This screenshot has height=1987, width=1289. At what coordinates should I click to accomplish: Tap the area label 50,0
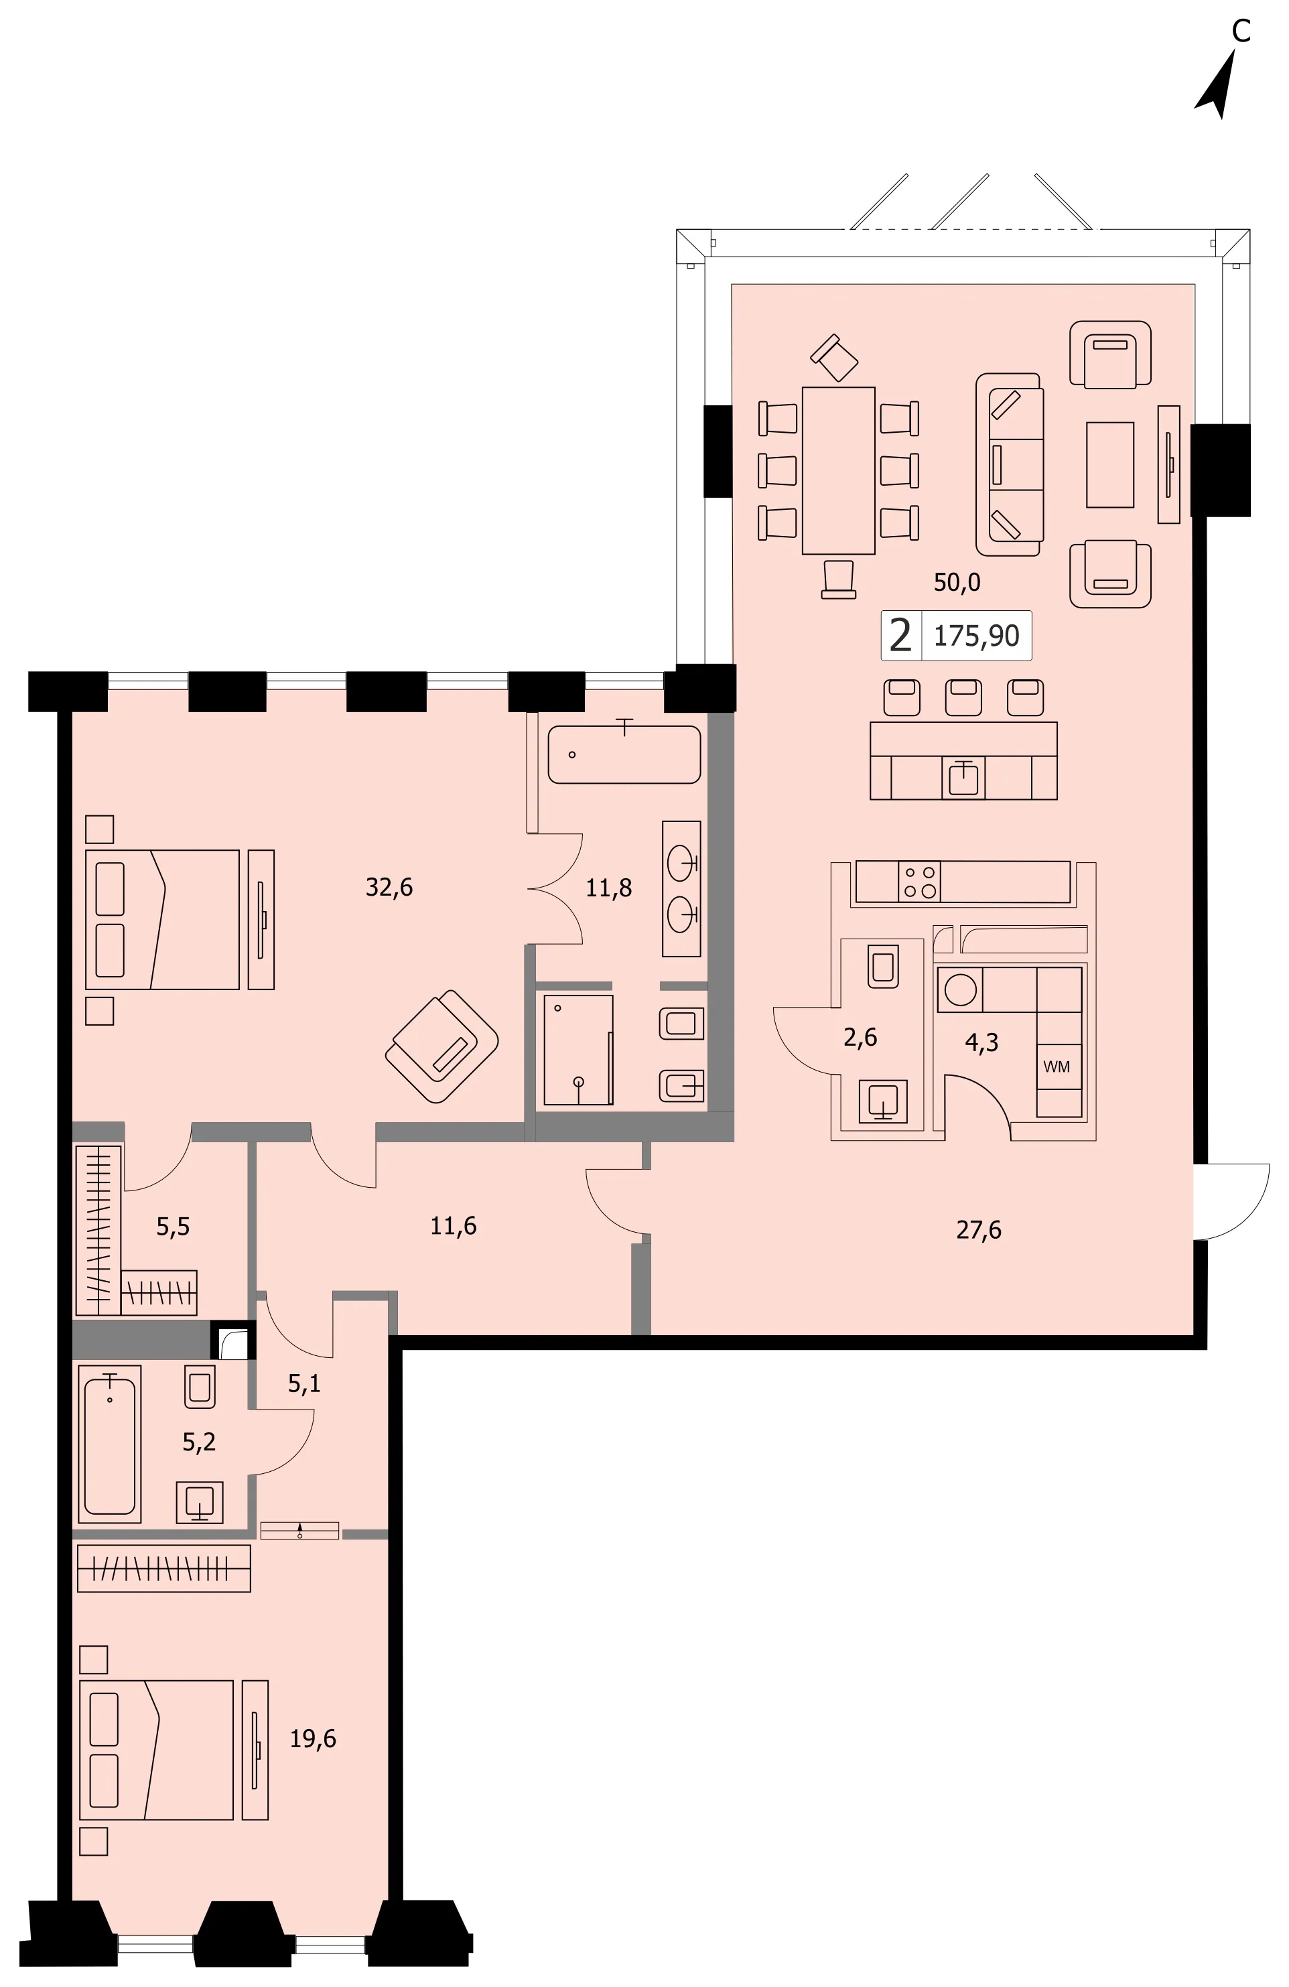[957, 583]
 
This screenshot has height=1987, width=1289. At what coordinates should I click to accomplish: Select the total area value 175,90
[976, 636]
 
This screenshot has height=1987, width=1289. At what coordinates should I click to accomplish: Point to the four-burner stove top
[919, 882]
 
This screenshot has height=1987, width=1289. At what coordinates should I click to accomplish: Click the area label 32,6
[389, 886]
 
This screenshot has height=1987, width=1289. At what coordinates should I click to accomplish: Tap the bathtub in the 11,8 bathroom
[624, 754]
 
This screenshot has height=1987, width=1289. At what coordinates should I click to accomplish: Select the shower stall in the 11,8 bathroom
[578, 1049]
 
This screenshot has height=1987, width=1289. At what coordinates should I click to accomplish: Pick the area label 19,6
[313, 1739]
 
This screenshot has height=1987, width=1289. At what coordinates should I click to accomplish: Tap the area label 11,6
[454, 1225]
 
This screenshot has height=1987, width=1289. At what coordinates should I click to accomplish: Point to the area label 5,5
[173, 1227]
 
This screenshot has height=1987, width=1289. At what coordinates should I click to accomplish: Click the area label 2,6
[860, 1037]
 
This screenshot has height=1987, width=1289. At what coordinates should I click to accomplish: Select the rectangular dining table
[838, 470]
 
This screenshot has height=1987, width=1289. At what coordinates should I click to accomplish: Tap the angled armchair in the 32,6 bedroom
[442, 1046]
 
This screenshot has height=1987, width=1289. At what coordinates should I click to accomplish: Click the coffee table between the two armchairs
[1109, 465]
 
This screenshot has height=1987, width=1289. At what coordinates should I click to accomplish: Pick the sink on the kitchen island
[963, 778]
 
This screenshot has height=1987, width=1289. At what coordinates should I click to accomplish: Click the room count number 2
[900, 635]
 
